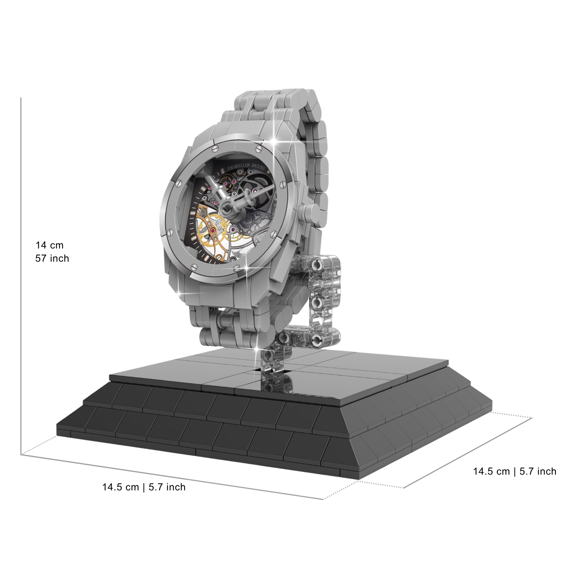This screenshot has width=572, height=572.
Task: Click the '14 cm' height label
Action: (49, 245)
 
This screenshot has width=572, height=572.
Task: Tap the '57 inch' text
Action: (52, 258)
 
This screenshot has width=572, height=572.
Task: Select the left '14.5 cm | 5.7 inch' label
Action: (144, 487)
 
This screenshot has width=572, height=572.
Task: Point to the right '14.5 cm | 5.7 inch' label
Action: (515, 471)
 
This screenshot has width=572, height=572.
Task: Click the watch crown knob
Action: (311, 213)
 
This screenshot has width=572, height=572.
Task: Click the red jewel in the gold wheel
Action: (213, 231)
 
